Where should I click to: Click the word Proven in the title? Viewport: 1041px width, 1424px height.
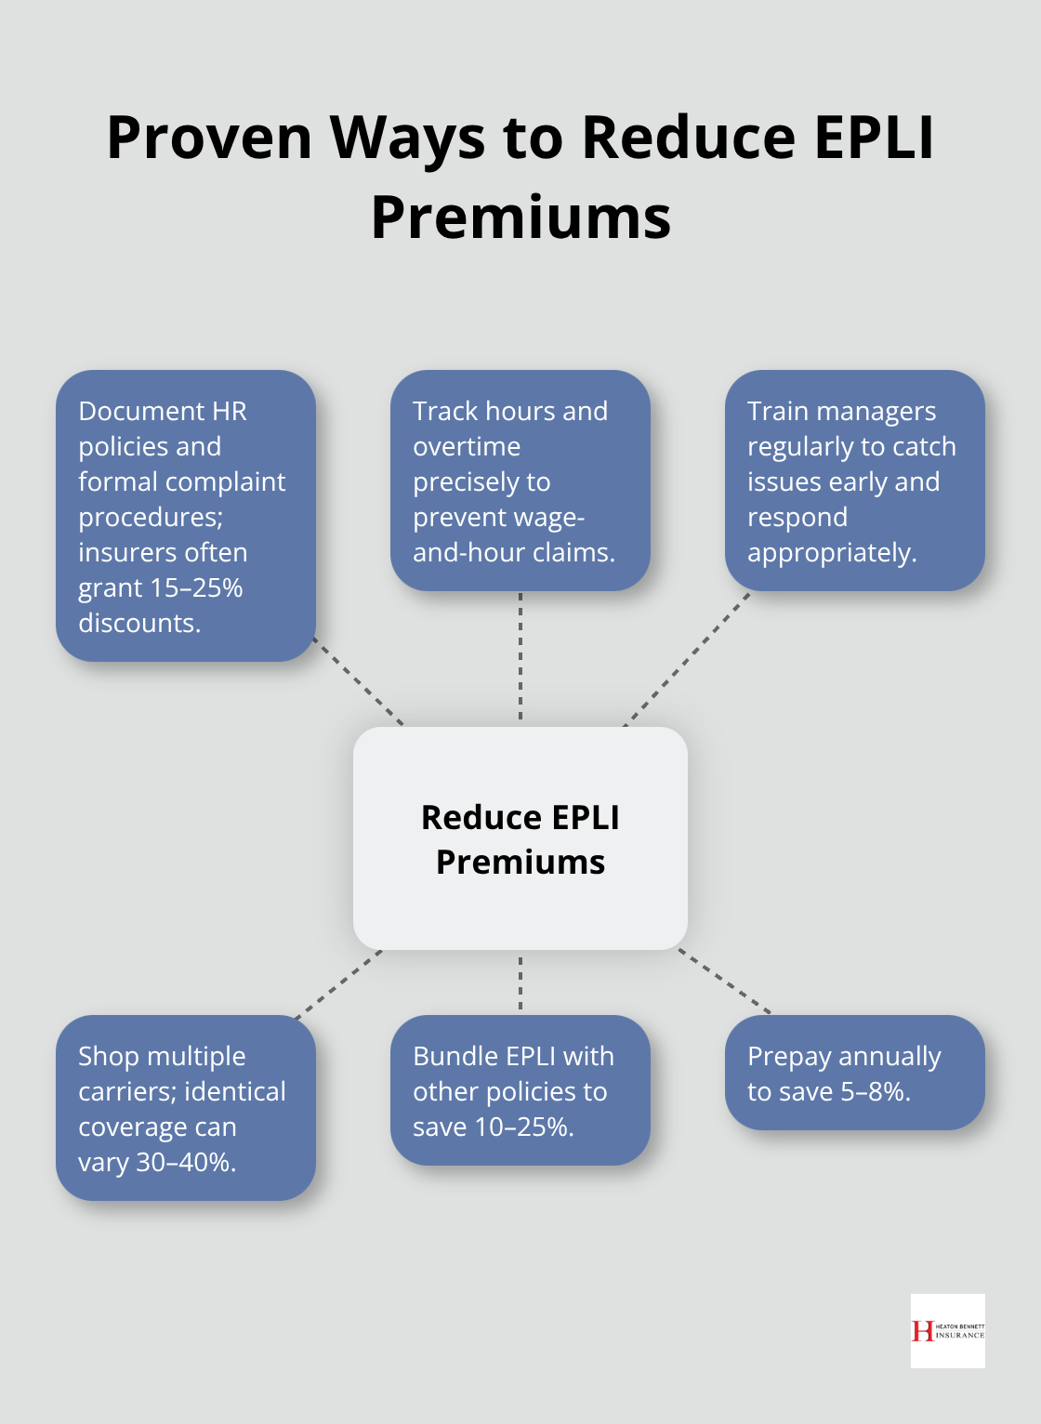coord(209,138)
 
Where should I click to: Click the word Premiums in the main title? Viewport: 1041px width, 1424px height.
coord(520,218)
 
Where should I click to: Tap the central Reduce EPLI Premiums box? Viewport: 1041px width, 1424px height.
coord(520,838)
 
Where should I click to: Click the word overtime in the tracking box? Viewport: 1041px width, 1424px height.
coord(467,446)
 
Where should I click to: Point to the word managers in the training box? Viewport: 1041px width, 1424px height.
coord(882,411)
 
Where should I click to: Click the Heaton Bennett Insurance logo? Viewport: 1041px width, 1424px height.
coord(947,1330)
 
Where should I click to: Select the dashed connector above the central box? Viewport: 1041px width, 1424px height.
coord(520,658)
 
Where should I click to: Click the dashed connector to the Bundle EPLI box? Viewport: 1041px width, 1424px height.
coord(520,982)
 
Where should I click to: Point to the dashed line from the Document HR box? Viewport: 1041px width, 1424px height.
coord(359,682)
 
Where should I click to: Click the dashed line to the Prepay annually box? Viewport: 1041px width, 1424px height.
coord(725,982)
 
